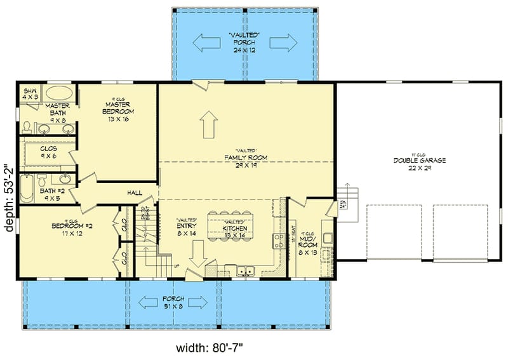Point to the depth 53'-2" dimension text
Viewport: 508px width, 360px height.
8,199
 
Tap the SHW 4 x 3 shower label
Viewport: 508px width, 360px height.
30,94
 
